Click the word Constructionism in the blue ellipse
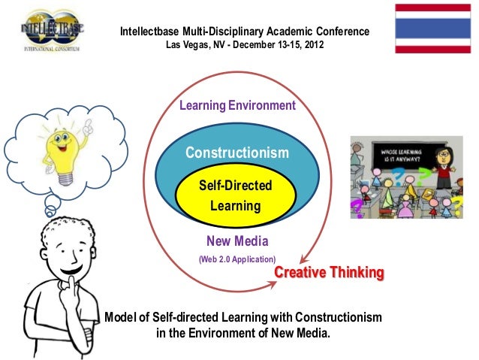pos(236,153)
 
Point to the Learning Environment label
pos(236,106)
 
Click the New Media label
pos(236,241)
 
